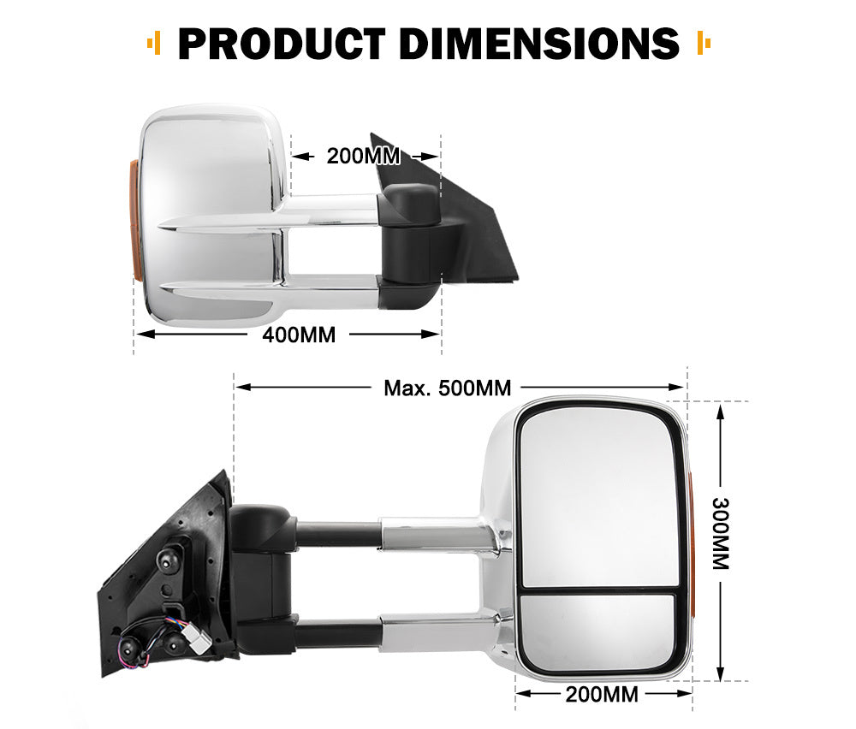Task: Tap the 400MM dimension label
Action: pyautogui.click(x=299, y=335)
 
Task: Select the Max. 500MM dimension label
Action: pyautogui.click(x=447, y=388)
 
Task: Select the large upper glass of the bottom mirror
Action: pyautogui.click(x=599, y=496)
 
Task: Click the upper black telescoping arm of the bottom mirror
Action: pyautogui.click(x=338, y=535)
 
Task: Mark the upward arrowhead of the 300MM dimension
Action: pyautogui.click(x=721, y=412)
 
